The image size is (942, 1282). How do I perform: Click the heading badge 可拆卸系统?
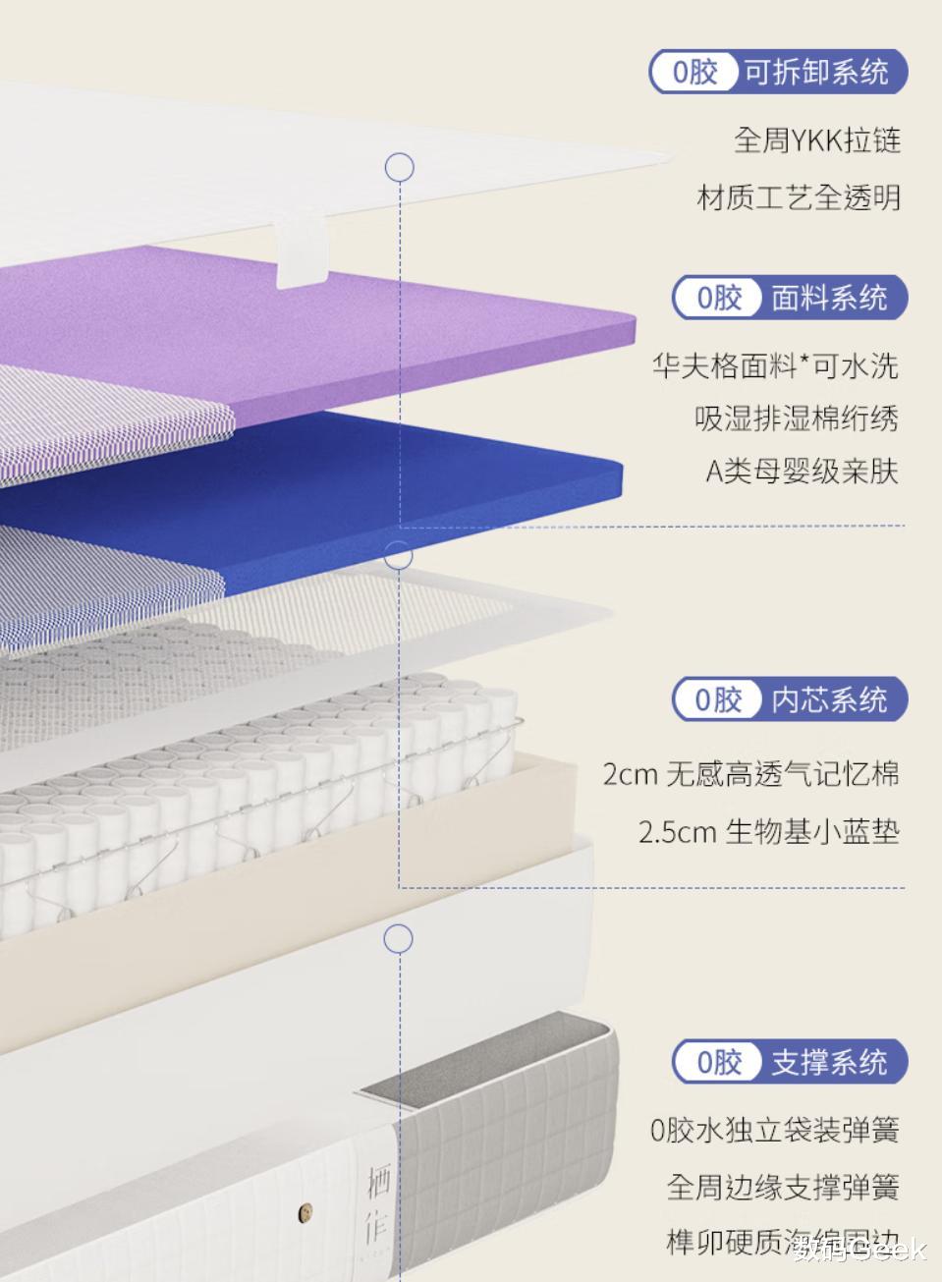point(778,72)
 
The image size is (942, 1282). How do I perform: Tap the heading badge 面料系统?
point(790,297)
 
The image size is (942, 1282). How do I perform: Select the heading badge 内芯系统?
point(790,699)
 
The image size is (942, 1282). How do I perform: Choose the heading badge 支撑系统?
point(790,1061)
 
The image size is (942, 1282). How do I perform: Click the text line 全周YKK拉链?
point(816,140)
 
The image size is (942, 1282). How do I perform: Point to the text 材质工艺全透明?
point(799,197)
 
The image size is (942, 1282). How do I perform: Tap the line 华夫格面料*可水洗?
point(775,366)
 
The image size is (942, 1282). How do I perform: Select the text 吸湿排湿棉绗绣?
point(797,418)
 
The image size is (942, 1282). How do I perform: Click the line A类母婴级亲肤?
point(802,472)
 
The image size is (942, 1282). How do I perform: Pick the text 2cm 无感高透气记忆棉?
point(750,774)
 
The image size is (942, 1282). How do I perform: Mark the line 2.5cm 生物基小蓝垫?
point(768,832)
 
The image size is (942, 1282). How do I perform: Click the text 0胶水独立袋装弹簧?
point(774,1130)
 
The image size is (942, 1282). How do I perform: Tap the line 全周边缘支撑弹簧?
point(783,1187)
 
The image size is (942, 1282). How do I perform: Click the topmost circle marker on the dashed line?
point(399,167)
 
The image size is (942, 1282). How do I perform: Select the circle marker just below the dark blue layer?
point(398,556)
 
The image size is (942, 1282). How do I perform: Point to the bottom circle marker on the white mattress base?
point(398,939)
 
